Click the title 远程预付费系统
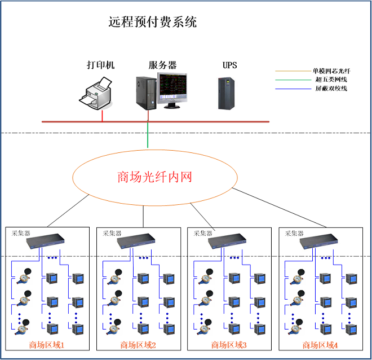pos(153,22)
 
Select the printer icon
pos(96,93)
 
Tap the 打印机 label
pos(100,65)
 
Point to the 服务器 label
pos(162,65)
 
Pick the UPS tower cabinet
pos(227,93)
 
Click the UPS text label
pos(229,65)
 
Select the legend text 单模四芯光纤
pos(331,71)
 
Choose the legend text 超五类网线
pos(331,80)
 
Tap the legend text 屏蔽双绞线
pos(331,89)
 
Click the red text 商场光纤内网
pos(154,177)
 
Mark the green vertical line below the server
pos(148,135)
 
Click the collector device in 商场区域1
pos(45,241)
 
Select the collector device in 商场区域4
pos(318,241)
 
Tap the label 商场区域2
pos(138,345)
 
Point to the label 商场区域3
pos(229,345)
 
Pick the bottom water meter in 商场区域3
pos(204,327)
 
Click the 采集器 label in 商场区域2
pos(112,233)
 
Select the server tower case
pos(146,93)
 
